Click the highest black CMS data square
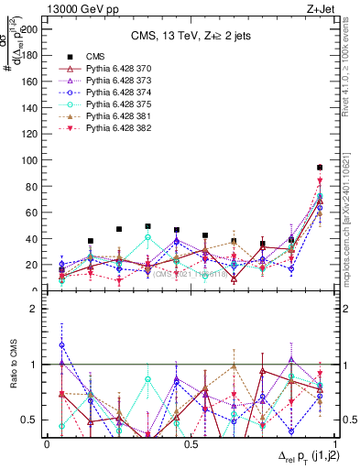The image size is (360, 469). point(320,168)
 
